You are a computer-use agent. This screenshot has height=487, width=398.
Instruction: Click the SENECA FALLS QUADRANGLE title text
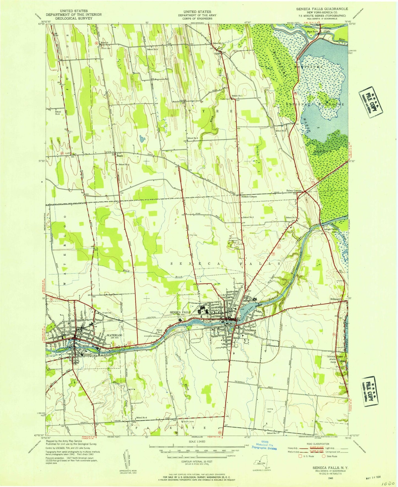[x=322, y=9]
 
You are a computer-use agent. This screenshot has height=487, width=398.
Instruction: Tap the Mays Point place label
[x=313, y=31]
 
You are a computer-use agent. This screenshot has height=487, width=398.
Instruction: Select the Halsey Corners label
[x=294, y=190]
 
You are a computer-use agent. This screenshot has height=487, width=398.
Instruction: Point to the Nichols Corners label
[x=249, y=197]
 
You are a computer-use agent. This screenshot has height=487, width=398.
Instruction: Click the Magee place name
[x=120, y=156]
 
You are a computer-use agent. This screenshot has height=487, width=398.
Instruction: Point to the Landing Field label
[x=269, y=410]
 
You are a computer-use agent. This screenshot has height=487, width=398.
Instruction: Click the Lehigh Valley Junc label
[x=331, y=231]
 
